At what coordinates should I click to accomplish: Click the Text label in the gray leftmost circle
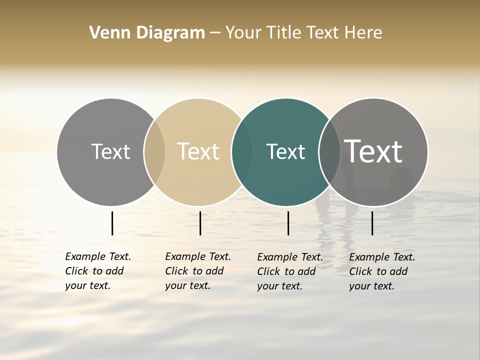tap(110, 151)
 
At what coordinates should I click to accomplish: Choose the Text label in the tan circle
tap(198, 151)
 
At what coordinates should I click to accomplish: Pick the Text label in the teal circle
tap(285, 151)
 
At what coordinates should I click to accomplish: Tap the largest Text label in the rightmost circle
tap(373, 151)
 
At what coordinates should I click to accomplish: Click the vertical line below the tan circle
tap(200, 223)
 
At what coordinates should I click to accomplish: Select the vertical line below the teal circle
tap(288, 223)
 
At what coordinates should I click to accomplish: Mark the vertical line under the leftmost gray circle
tap(112, 223)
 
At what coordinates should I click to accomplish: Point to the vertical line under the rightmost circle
tap(372, 223)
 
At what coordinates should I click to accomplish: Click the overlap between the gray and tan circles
tap(154, 152)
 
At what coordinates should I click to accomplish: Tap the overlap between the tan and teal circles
tap(242, 152)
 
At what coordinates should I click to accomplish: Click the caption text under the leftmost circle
tap(97, 271)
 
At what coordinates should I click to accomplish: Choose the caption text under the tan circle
tap(197, 271)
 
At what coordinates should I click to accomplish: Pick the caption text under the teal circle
tap(289, 271)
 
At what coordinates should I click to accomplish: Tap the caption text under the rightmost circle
tap(381, 271)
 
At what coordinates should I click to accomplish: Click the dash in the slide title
tap(215, 33)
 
